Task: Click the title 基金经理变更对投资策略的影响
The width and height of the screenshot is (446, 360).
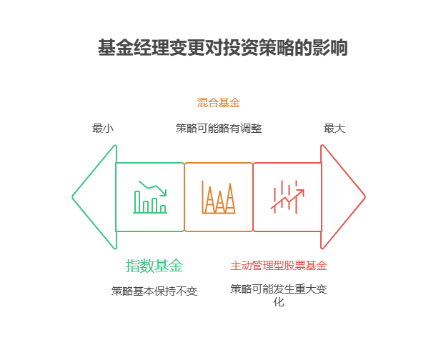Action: point(222,49)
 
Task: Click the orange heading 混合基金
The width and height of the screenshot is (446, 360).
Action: point(219,103)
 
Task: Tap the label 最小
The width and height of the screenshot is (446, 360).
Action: point(102,129)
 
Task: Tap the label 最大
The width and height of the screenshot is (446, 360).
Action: point(334,129)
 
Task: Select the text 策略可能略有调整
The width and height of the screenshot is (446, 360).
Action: point(219,129)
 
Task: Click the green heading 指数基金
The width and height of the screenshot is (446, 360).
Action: point(154,266)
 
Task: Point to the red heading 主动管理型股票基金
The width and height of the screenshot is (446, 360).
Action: point(279,266)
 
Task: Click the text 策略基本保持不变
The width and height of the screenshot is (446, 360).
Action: point(154,291)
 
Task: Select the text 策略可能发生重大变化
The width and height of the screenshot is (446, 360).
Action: point(279,289)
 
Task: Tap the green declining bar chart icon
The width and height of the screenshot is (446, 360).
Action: point(150,197)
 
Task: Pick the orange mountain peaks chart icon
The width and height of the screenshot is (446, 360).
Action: point(219,198)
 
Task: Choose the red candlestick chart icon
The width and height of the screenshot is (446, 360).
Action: point(287,197)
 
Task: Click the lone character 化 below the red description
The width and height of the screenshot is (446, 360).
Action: point(279,302)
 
